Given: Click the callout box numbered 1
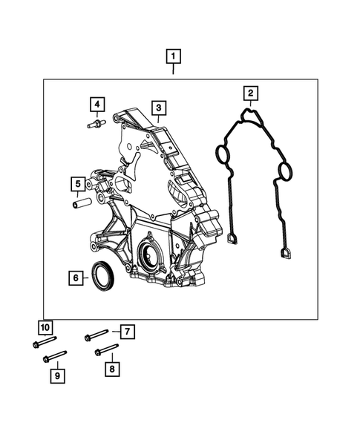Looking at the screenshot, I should pos(173,56).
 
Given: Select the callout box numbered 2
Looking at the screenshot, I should pos(251,93).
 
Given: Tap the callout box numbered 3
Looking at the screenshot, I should pos(157,108).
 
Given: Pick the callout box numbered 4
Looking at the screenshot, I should pos(97,104).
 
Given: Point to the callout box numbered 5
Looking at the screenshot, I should pos(77,183).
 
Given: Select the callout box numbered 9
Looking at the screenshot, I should pos(56,376).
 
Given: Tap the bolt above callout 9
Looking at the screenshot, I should pos(56,357).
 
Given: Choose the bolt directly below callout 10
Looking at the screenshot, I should pos(43,343).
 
